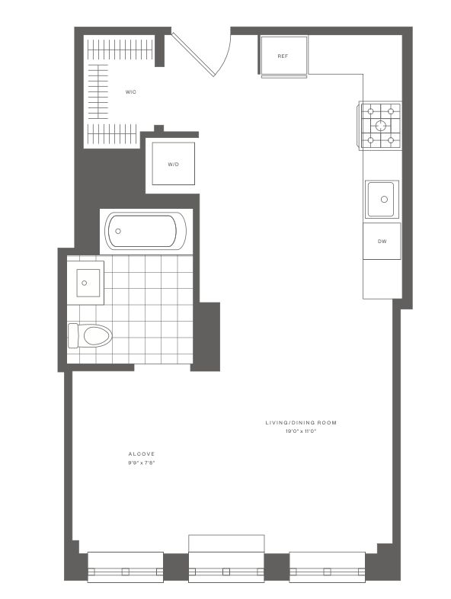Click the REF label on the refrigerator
283,56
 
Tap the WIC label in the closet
130,92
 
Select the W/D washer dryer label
174,165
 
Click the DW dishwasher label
382,241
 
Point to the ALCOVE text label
141,454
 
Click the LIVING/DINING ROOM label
301,422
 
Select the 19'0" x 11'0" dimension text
302,431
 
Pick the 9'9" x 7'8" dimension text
141,463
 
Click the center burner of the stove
381,125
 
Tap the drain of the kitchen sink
384,199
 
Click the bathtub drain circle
118,231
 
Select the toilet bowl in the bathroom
98,336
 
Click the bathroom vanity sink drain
84,283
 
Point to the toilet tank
73,336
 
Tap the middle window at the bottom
226,567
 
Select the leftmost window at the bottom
126,567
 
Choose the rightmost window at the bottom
328,567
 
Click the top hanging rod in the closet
120,50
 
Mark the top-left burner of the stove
370,111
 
